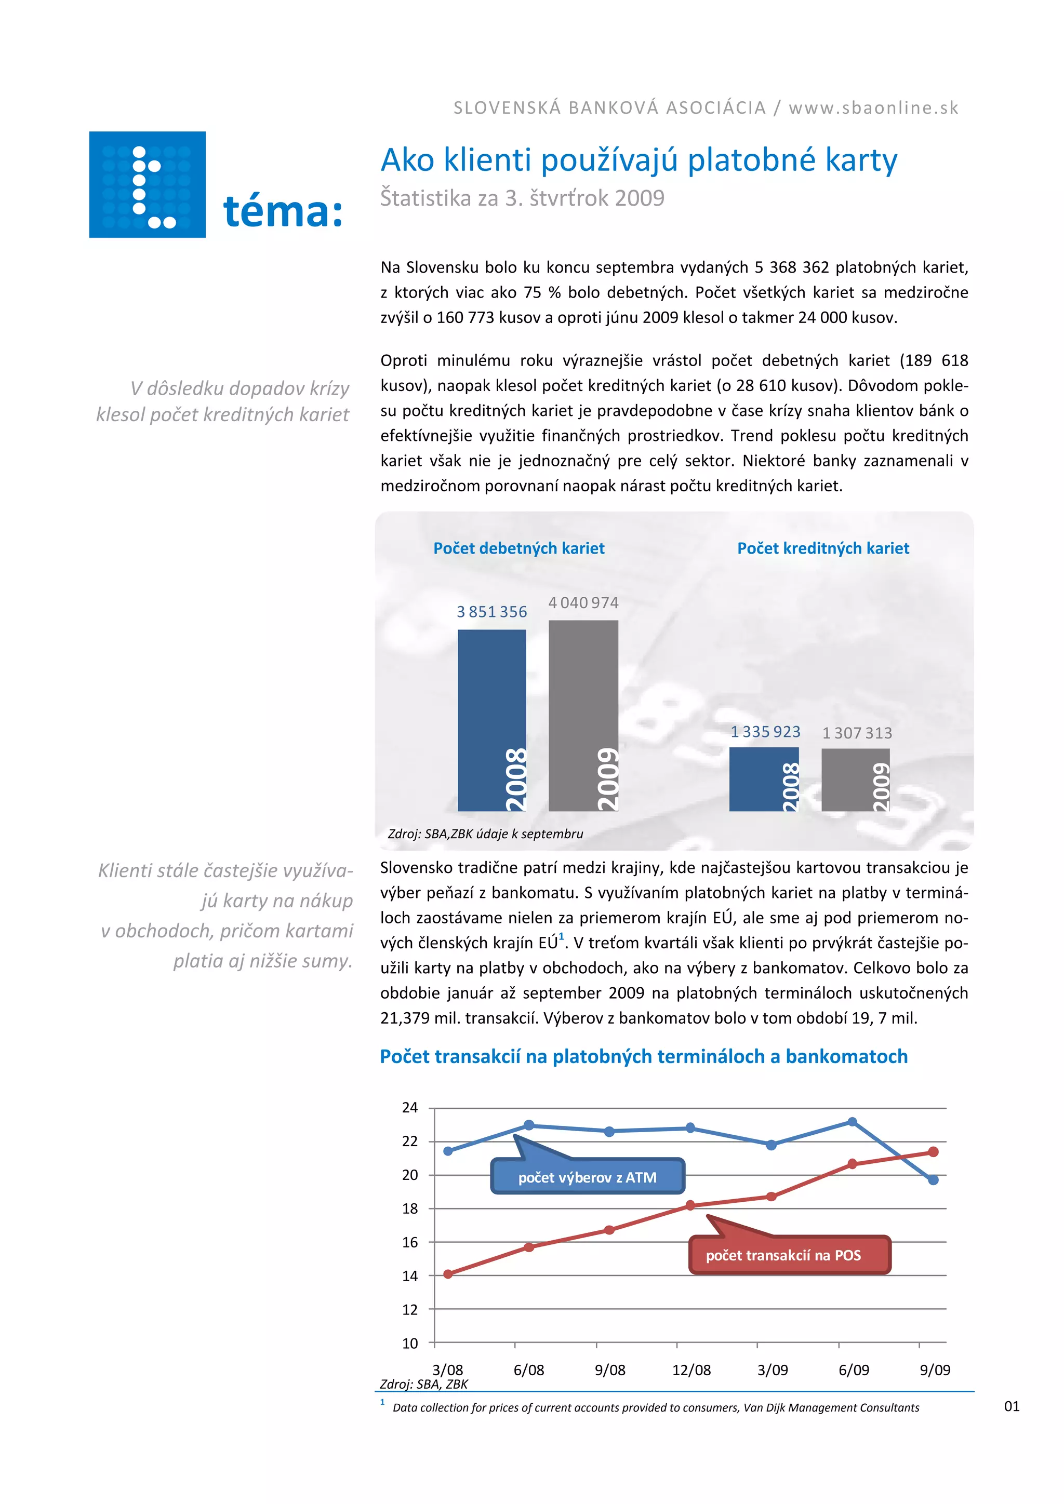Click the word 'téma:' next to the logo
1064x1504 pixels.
coord(283,212)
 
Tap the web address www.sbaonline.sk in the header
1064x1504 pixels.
coord(873,108)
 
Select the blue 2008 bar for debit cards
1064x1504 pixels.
coord(491,720)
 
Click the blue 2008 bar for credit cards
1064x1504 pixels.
coord(764,779)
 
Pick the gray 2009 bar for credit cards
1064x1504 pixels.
coord(855,780)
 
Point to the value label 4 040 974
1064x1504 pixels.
coord(583,602)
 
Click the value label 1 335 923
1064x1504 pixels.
coord(765,732)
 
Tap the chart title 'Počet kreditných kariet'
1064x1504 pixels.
coord(823,548)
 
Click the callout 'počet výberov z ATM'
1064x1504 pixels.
coord(587,1177)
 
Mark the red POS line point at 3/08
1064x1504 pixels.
coord(448,1274)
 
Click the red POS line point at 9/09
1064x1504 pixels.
coord(934,1151)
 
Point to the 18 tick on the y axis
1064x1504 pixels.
coord(409,1208)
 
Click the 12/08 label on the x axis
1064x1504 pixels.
coord(691,1369)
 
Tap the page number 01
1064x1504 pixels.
coord(1012,1406)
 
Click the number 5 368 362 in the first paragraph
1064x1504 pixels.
coord(791,267)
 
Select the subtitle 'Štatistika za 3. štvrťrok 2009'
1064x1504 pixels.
coord(522,198)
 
